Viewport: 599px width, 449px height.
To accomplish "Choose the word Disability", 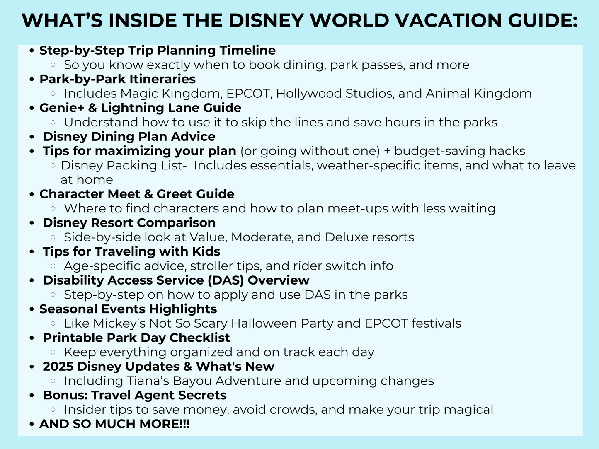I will pos(73,280).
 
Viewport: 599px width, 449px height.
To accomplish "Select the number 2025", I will pos(58,367).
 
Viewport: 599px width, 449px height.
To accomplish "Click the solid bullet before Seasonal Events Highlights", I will pos(32,309).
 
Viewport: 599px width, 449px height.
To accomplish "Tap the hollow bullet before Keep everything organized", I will pos(53,352).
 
